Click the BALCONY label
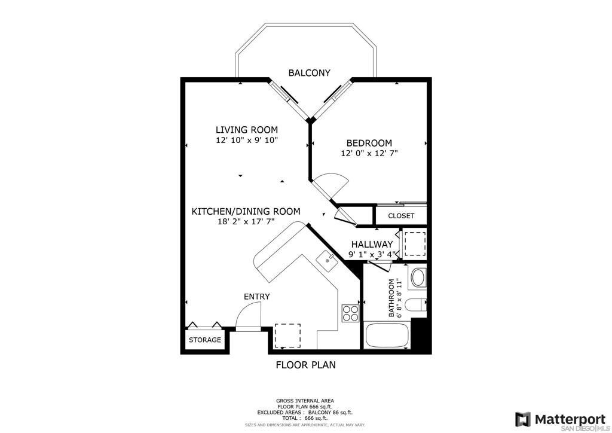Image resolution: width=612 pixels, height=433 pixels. point(309,72)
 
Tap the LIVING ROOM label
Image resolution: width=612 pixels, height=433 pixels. point(247,130)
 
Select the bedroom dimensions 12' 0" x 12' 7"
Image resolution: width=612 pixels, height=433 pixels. point(369,154)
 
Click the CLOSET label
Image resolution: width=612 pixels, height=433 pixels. point(401,216)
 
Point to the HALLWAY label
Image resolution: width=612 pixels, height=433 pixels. point(372,245)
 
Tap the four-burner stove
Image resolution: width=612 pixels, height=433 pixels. point(350,313)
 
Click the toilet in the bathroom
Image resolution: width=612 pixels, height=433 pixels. point(416,304)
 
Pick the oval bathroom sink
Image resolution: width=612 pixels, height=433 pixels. point(418,278)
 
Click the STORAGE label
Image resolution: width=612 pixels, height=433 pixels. point(205,340)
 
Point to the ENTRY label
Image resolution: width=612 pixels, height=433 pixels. point(257,297)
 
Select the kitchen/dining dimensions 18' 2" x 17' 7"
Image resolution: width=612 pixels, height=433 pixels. point(246,222)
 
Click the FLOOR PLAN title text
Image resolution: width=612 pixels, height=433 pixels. point(305,365)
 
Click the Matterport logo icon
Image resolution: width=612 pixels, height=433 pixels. point(522,419)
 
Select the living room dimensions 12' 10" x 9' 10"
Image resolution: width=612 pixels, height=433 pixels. point(247,140)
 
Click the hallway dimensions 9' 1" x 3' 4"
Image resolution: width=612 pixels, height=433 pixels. point(372,255)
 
